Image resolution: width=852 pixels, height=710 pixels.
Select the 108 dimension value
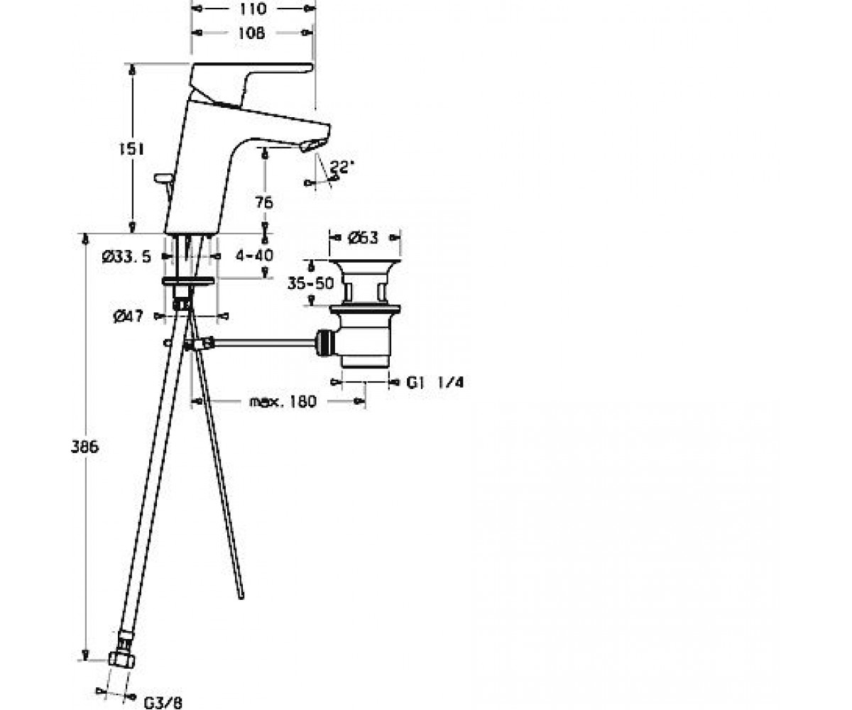(251, 33)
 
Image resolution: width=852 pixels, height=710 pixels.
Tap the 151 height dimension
(132, 149)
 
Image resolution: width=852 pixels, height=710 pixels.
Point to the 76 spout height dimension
(264, 202)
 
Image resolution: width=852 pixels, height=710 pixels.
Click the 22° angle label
(342, 167)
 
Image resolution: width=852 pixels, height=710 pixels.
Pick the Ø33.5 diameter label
(126, 256)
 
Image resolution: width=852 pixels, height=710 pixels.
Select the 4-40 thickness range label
(255, 256)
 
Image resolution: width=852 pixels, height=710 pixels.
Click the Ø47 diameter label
(128, 316)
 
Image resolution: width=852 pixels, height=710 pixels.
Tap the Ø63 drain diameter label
(363, 237)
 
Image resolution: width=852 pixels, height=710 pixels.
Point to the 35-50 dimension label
(311, 283)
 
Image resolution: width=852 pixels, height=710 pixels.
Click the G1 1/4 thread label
(435, 383)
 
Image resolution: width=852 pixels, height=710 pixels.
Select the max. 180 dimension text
(283, 402)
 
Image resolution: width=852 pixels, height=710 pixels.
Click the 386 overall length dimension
(85, 447)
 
